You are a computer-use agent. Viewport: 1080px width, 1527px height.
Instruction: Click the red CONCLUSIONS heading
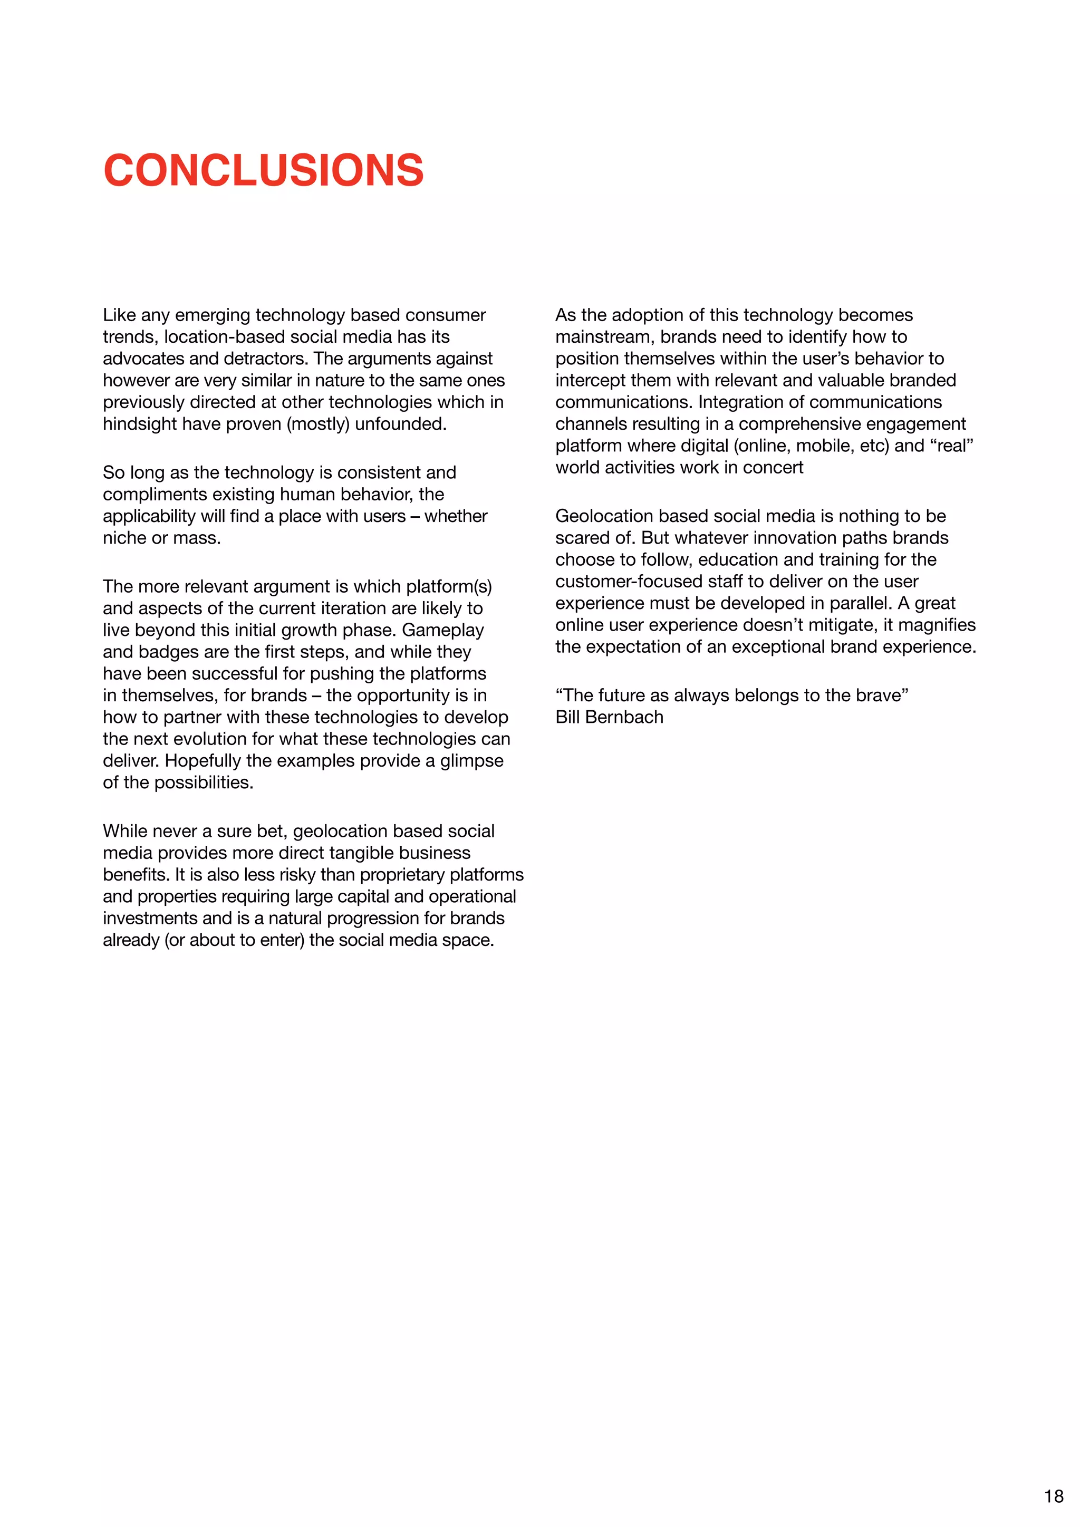[263, 170]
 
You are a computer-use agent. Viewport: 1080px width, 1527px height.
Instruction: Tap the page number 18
[1054, 1496]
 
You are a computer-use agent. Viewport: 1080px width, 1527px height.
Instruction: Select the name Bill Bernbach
[609, 717]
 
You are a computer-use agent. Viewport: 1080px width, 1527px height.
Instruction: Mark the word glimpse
[471, 761]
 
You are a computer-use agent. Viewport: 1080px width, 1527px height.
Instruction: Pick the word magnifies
[937, 625]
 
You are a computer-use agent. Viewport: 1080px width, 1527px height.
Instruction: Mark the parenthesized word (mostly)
[319, 424]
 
